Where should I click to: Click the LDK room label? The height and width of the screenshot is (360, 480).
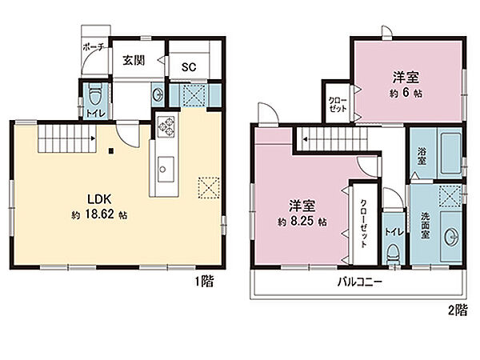pyautogui.click(x=99, y=199)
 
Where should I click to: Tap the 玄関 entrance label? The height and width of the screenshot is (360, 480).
pyautogui.click(x=134, y=60)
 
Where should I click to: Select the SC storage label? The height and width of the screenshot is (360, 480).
pyautogui.click(x=189, y=67)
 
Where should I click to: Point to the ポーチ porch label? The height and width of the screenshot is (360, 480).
pyautogui.click(x=94, y=47)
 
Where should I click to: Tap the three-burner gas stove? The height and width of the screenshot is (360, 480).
pyautogui.click(x=166, y=126)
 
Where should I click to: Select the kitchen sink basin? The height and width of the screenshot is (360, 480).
pyautogui.click(x=166, y=170)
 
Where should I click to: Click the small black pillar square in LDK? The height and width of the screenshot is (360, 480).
pyautogui.click(x=111, y=150)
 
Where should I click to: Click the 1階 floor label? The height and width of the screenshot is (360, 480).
pyautogui.click(x=205, y=281)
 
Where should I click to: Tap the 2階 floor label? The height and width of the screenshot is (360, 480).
pyautogui.click(x=458, y=310)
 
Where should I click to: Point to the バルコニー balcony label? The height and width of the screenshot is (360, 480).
pyautogui.click(x=360, y=282)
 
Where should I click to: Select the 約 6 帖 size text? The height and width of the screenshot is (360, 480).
pyautogui.click(x=406, y=93)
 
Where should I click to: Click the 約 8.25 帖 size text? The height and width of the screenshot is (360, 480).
pyautogui.click(x=302, y=222)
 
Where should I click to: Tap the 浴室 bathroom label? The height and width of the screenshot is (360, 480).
pyautogui.click(x=422, y=157)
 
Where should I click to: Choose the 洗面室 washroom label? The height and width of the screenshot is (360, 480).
pyautogui.click(x=425, y=226)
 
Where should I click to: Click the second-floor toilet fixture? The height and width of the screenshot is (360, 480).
pyautogui.click(x=394, y=253)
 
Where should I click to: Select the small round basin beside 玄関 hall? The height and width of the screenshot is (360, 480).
pyautogui.click(x=158, y=94)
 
